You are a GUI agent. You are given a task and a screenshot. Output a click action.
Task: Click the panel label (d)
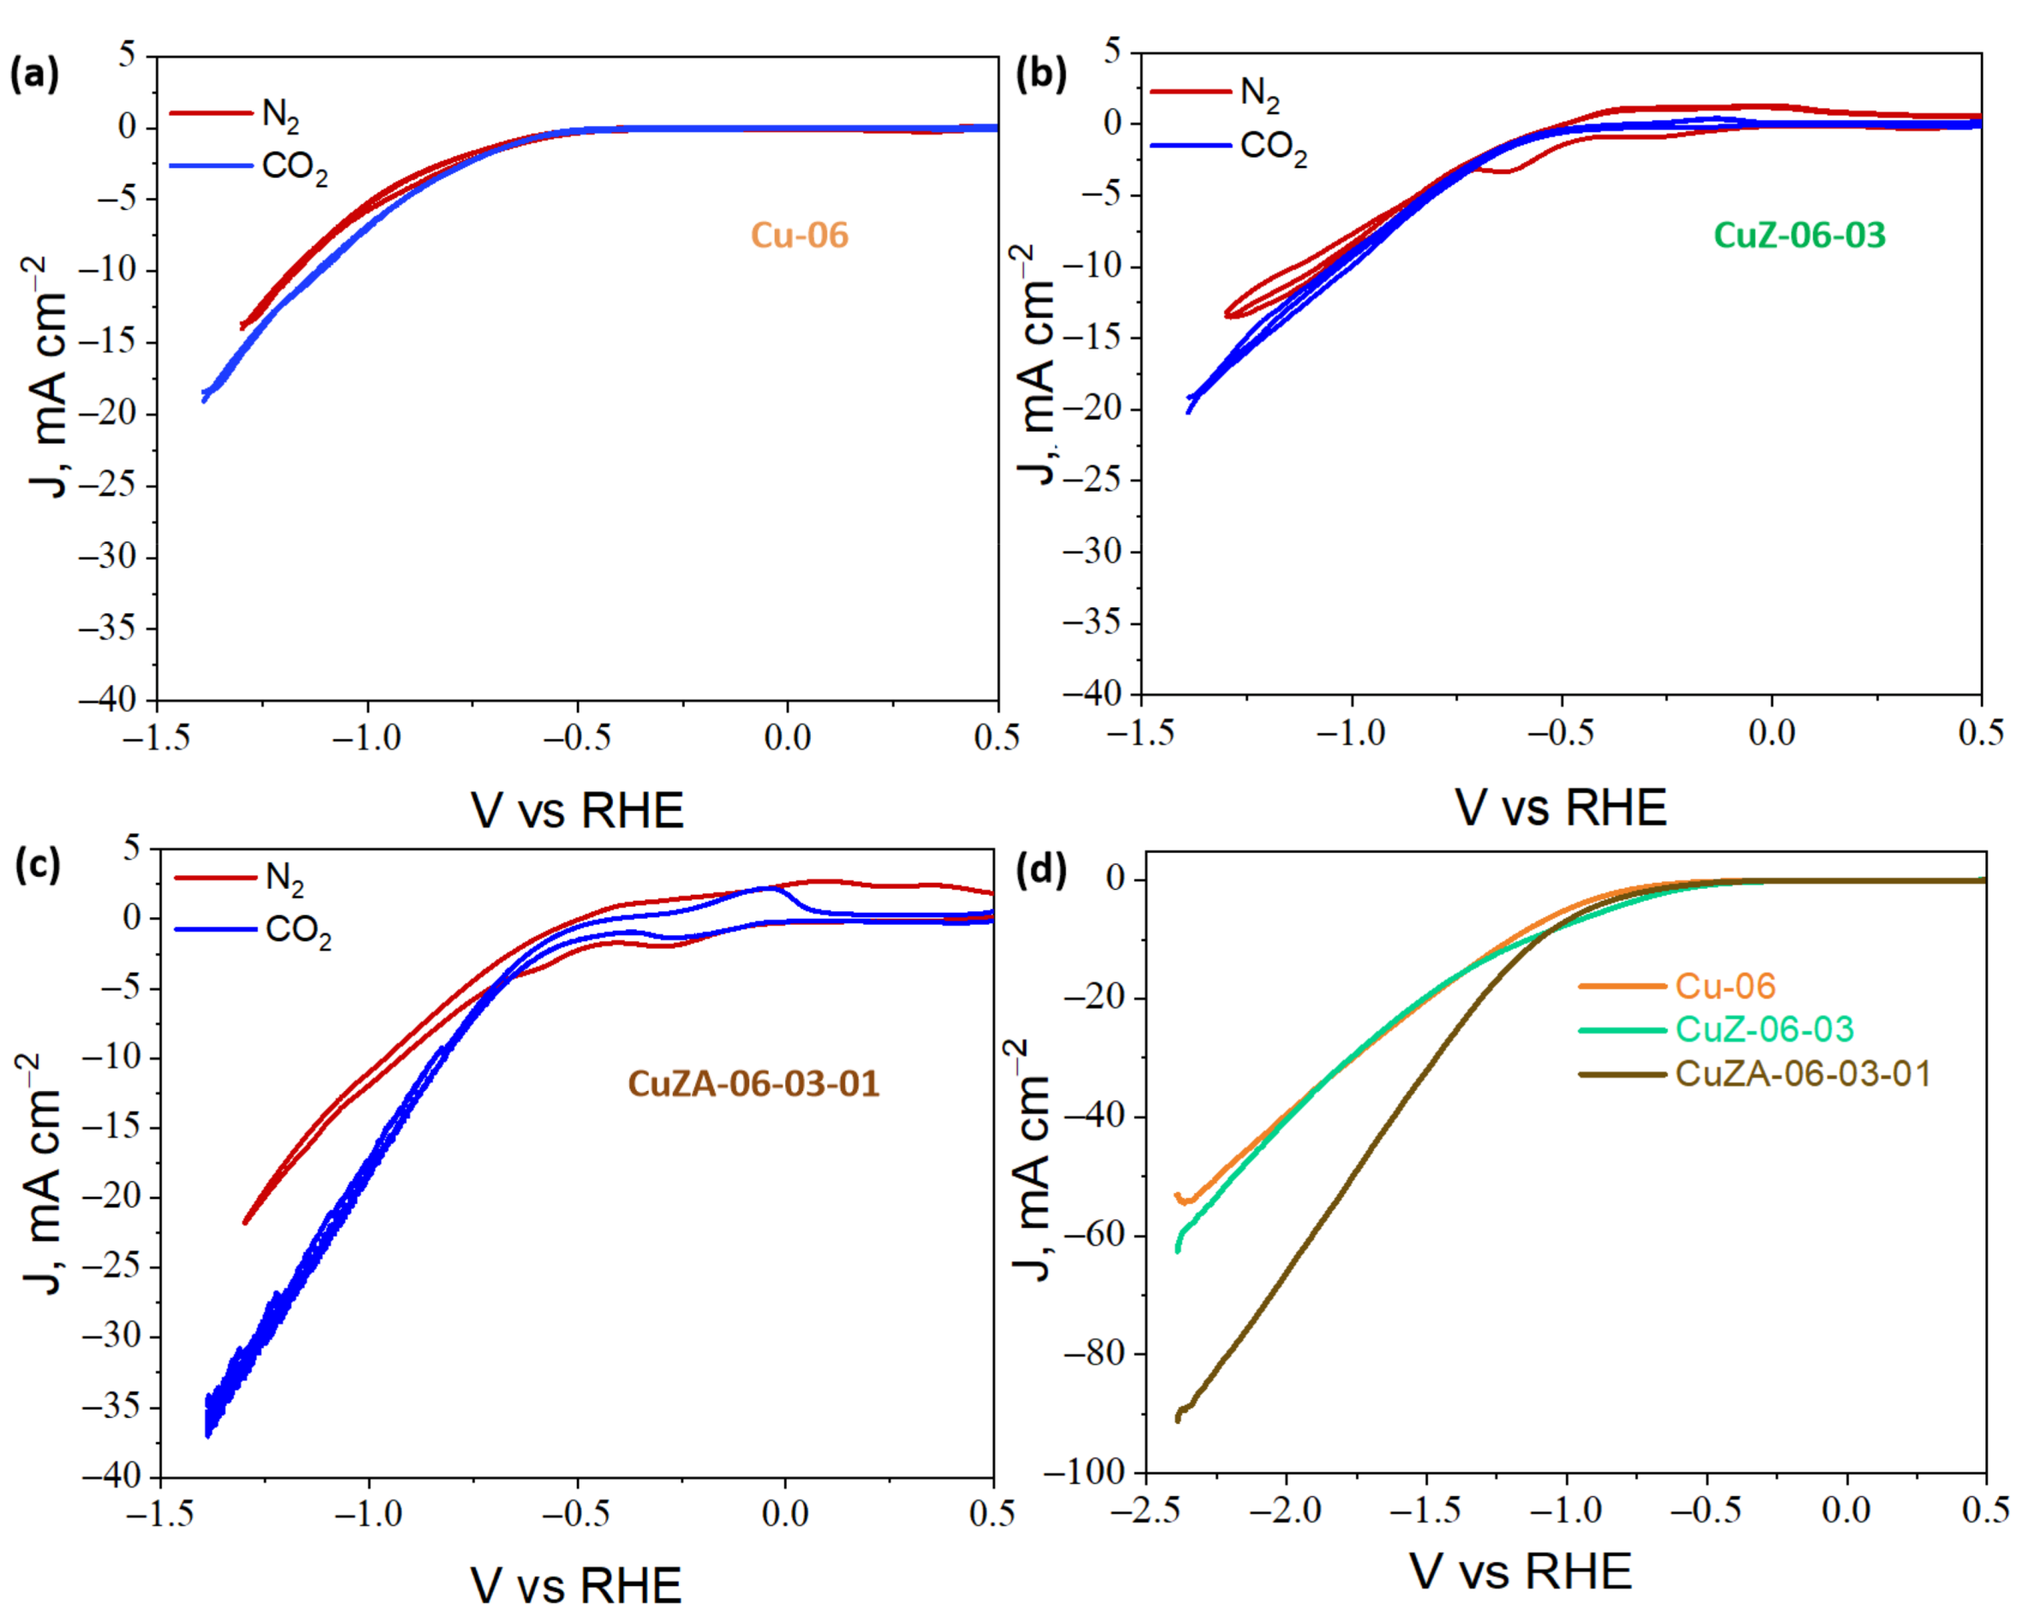click(x=1043, y=870)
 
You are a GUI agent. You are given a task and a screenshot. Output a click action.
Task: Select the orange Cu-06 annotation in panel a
click(x=800, y=235)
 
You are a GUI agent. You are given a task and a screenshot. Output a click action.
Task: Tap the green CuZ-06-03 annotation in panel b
click(x=1799, y=235)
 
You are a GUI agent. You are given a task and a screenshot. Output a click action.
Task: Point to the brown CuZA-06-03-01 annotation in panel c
click(x=753, y=1084)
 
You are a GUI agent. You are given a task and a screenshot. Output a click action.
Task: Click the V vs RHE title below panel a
click(x=577, y=811)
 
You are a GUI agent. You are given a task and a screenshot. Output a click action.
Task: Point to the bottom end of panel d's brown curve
click(x=1177, y=1419)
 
